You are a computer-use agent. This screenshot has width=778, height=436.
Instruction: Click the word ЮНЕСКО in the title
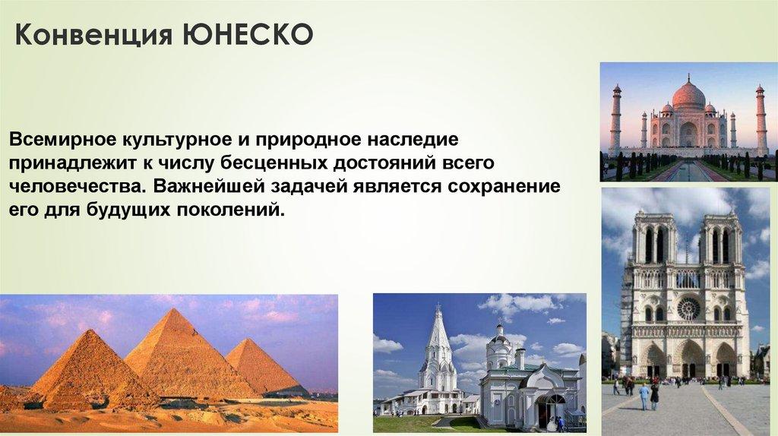248,35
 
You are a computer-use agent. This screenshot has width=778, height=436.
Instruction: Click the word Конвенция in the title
93,36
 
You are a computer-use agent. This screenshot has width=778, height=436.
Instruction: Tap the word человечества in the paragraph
77,186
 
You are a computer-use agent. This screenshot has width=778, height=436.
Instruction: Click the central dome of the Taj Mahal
688,95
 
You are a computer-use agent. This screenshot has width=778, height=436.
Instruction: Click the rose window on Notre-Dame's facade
688,308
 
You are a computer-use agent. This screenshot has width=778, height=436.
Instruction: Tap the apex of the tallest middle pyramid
174,308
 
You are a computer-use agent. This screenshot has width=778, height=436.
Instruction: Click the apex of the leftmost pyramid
90,330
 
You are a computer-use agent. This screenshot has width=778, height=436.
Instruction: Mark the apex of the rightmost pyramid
244,340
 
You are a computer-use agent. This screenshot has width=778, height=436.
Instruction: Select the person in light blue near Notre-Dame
644,396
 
